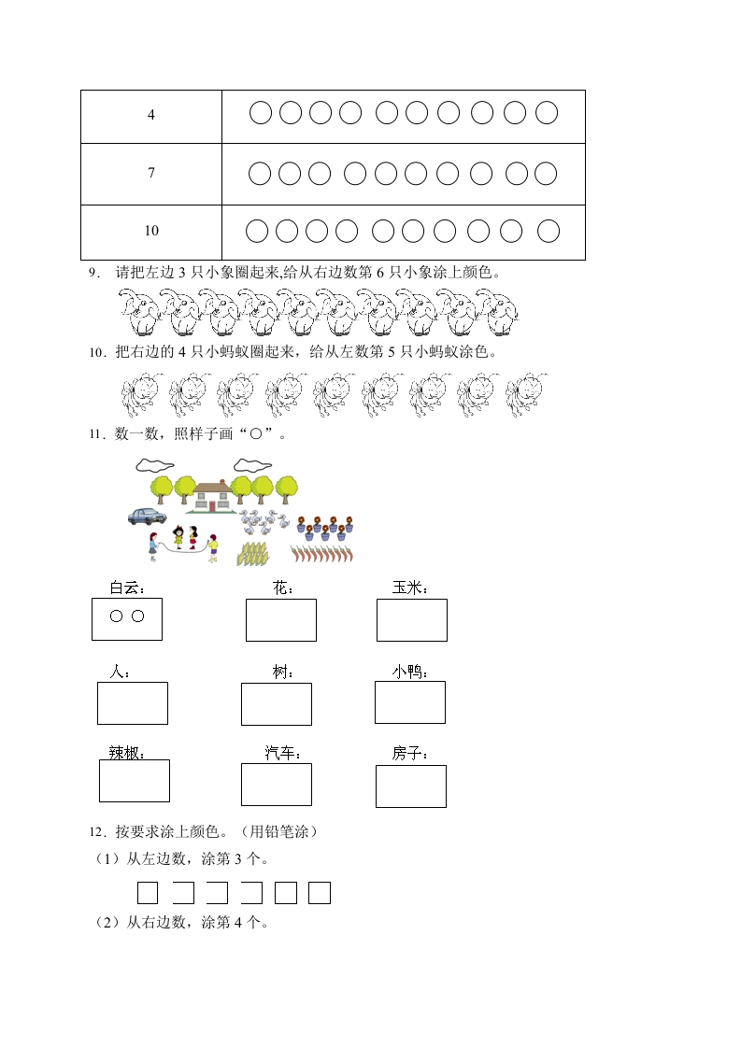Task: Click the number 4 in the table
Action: click(x=151, y=116)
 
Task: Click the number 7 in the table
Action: click(x=151, y=174)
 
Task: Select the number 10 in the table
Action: click(x=151, y=231)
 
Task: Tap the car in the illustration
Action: click(x=147, y=515)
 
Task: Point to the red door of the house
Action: click(x=212, y=505)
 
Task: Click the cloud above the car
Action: click(x=153, y=463)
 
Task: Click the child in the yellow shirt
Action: click(x=213, y=546)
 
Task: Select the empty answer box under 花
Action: click(x=280, y=620)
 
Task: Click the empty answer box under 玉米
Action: click(x=411, y=620)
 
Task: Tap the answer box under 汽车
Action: click(x=276, y=784)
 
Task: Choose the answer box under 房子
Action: click(x=410, y=786)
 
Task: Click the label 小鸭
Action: click(x=409, y=672)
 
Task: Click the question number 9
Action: click(x=93, y=273)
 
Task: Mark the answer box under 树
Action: click(x=276, y=703)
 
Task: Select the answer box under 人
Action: click(x=132, y=702)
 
